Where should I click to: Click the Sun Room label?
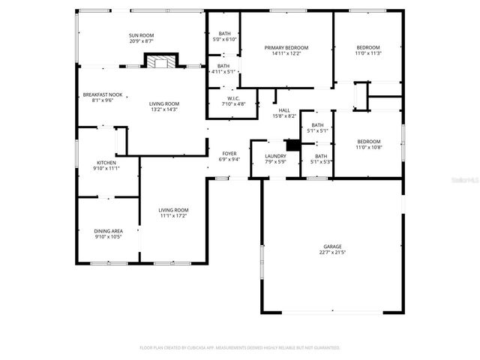pyautogui.click(x=141, y=36)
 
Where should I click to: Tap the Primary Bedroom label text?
pyautogui.click(x=286, y=47)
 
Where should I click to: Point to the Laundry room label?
pyautogui.click(x=275, y=156)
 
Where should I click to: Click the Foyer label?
pyautogui.click(x=229, y=153)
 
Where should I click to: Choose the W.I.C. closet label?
pyautogui.click(x=233, y=98)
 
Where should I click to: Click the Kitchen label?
pyautogui.click(x=106, y=163)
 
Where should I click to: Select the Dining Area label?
pyautogui.click(x=108, y=231)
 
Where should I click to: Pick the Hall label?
pyautogui.click(x=286, y=110)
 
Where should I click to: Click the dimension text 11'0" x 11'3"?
pyautogui.click(x=368, y=53)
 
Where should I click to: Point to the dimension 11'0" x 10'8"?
pyautogui.click(x=368, y=148)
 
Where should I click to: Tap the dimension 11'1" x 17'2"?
pyautogui.click(x=173, y=216)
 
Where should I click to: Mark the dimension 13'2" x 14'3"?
pyautogui.click(x=163, y=109)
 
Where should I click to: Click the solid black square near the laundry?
pyautogui.click(x=293, y=145)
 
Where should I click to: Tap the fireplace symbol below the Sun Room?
pyautogui.click(x=161, y=61)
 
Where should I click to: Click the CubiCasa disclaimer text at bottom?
pyautogui.click(x=240, y=348)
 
